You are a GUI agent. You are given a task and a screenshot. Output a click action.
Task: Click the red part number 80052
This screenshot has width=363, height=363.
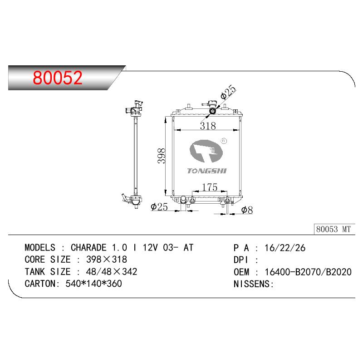58,78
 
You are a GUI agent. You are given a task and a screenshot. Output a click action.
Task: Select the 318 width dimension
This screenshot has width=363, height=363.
208,126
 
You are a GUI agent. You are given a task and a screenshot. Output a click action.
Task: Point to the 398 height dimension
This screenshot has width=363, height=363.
162,156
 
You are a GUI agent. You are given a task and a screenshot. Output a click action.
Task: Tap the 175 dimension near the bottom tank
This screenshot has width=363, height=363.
210,187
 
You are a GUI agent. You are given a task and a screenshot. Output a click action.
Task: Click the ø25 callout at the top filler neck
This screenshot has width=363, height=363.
228,92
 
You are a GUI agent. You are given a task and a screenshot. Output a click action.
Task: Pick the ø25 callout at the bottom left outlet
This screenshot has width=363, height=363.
159,206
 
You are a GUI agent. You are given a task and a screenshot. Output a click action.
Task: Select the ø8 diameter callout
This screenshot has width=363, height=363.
247,210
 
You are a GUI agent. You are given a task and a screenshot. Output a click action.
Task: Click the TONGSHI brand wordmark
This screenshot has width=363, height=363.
207,171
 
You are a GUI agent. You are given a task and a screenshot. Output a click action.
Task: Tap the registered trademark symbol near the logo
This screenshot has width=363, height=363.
224,141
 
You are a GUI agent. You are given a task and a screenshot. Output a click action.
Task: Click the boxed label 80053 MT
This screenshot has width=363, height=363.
334,229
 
